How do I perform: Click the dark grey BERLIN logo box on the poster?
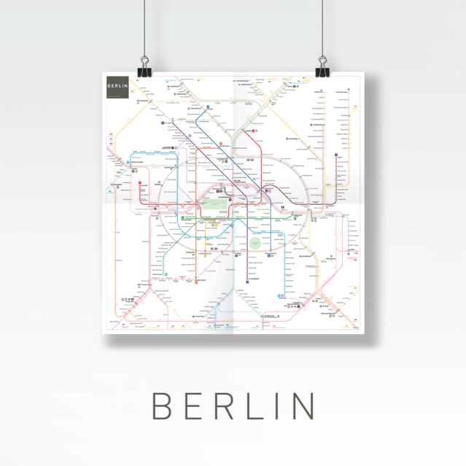click(x=117, y=87)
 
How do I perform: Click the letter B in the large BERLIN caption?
click(x=162, y=405)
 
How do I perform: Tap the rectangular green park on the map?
click(x=211, y=205)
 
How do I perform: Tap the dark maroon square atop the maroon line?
click(x=338, y=155)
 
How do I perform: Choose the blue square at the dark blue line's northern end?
click(x=207, y=107)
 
